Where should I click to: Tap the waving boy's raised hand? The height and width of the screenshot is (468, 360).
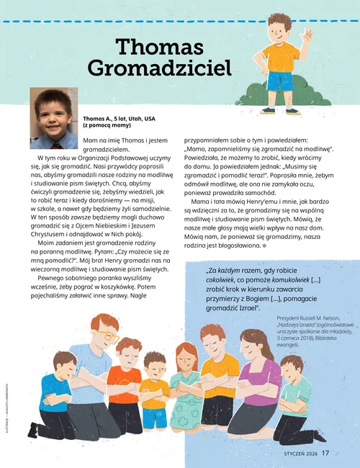(308, 37)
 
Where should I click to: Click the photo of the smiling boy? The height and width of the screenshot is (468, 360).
(53, 117)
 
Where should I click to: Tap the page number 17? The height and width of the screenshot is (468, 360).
(326, 453)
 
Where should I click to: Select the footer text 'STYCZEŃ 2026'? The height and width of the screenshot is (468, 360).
(295, 453)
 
